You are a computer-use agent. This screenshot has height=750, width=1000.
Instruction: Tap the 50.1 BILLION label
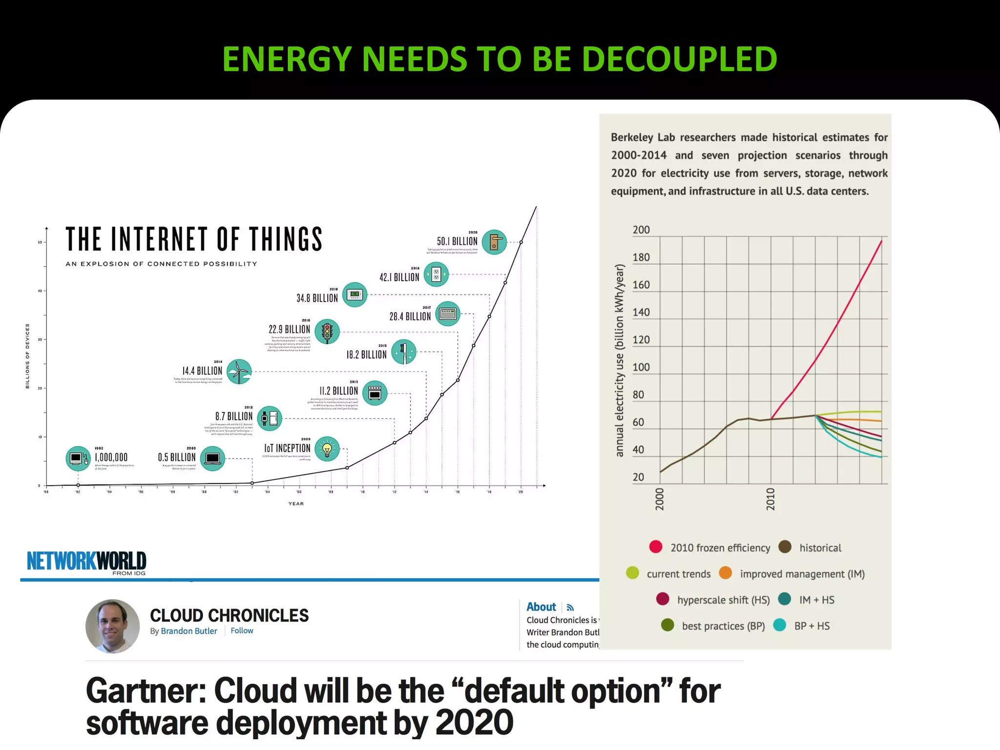(x=457, y=241)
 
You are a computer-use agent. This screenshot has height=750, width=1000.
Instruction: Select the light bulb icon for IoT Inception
(x=327, y=449)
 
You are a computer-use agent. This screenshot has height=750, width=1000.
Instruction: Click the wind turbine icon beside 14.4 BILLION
(x=239, y=372)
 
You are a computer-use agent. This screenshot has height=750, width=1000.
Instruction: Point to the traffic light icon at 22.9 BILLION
(x=327, y=332)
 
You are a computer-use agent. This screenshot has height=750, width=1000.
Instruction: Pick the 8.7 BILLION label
(x=234, y=417)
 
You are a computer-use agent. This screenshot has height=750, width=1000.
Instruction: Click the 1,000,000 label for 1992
(x=111, y=458)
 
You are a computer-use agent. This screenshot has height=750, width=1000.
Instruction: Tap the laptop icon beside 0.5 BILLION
(x=212, y=458)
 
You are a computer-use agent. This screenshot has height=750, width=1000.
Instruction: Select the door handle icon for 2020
(x=494, y=242)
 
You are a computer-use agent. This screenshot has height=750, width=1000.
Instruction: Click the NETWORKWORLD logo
(x=86, y=562)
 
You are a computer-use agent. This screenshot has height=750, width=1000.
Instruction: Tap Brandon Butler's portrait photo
(x=112, y=626)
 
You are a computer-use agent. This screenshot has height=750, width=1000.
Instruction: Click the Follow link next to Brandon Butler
(x=242, y=631)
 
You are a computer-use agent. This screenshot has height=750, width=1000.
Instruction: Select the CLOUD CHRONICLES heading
(x=229, y=616)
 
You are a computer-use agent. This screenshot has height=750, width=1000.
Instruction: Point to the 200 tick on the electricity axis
(x=641, y=230)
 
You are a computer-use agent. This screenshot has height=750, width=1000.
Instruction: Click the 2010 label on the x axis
(x=771, y=499)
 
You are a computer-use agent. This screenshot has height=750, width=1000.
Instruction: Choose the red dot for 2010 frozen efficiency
(x=656, y=547)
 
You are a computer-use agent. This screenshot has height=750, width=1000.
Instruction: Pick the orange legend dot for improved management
(x=726, y=573)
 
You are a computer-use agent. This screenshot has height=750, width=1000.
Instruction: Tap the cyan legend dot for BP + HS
(x=780, y=625)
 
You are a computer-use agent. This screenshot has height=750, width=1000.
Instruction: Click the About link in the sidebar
(x=541, y=607)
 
